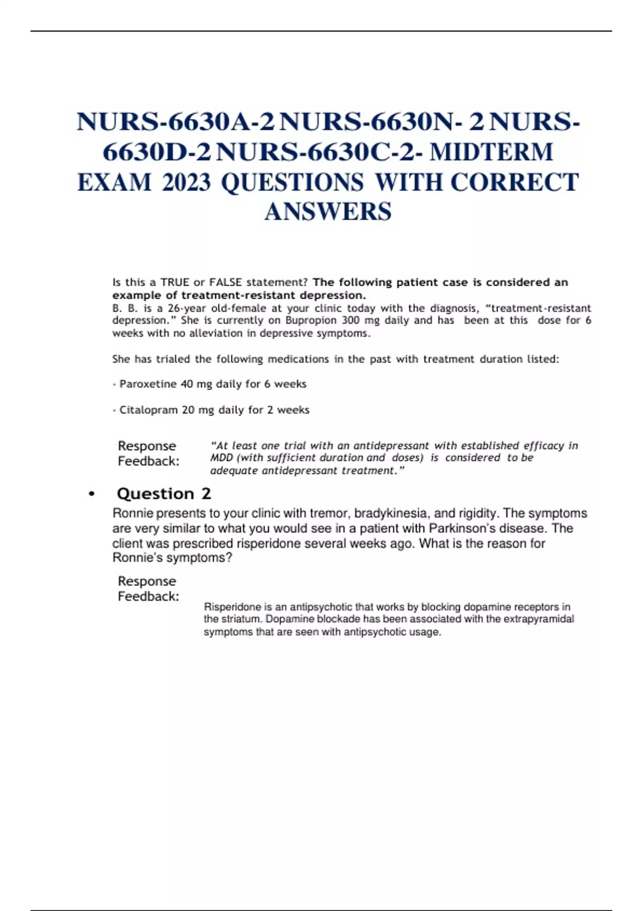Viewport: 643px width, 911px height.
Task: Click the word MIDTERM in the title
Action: pos(491,152)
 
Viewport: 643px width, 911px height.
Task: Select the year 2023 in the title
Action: pos(186,183)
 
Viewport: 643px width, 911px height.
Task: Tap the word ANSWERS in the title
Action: pos(328,212)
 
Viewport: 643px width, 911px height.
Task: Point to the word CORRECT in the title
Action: pos(514,183)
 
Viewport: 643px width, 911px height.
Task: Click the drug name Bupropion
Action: pos(311,320)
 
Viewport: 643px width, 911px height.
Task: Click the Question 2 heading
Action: pos(164,494)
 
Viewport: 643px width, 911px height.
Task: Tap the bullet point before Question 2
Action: pos(92,494)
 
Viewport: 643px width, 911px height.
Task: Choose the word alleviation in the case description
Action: pos(215,333)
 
